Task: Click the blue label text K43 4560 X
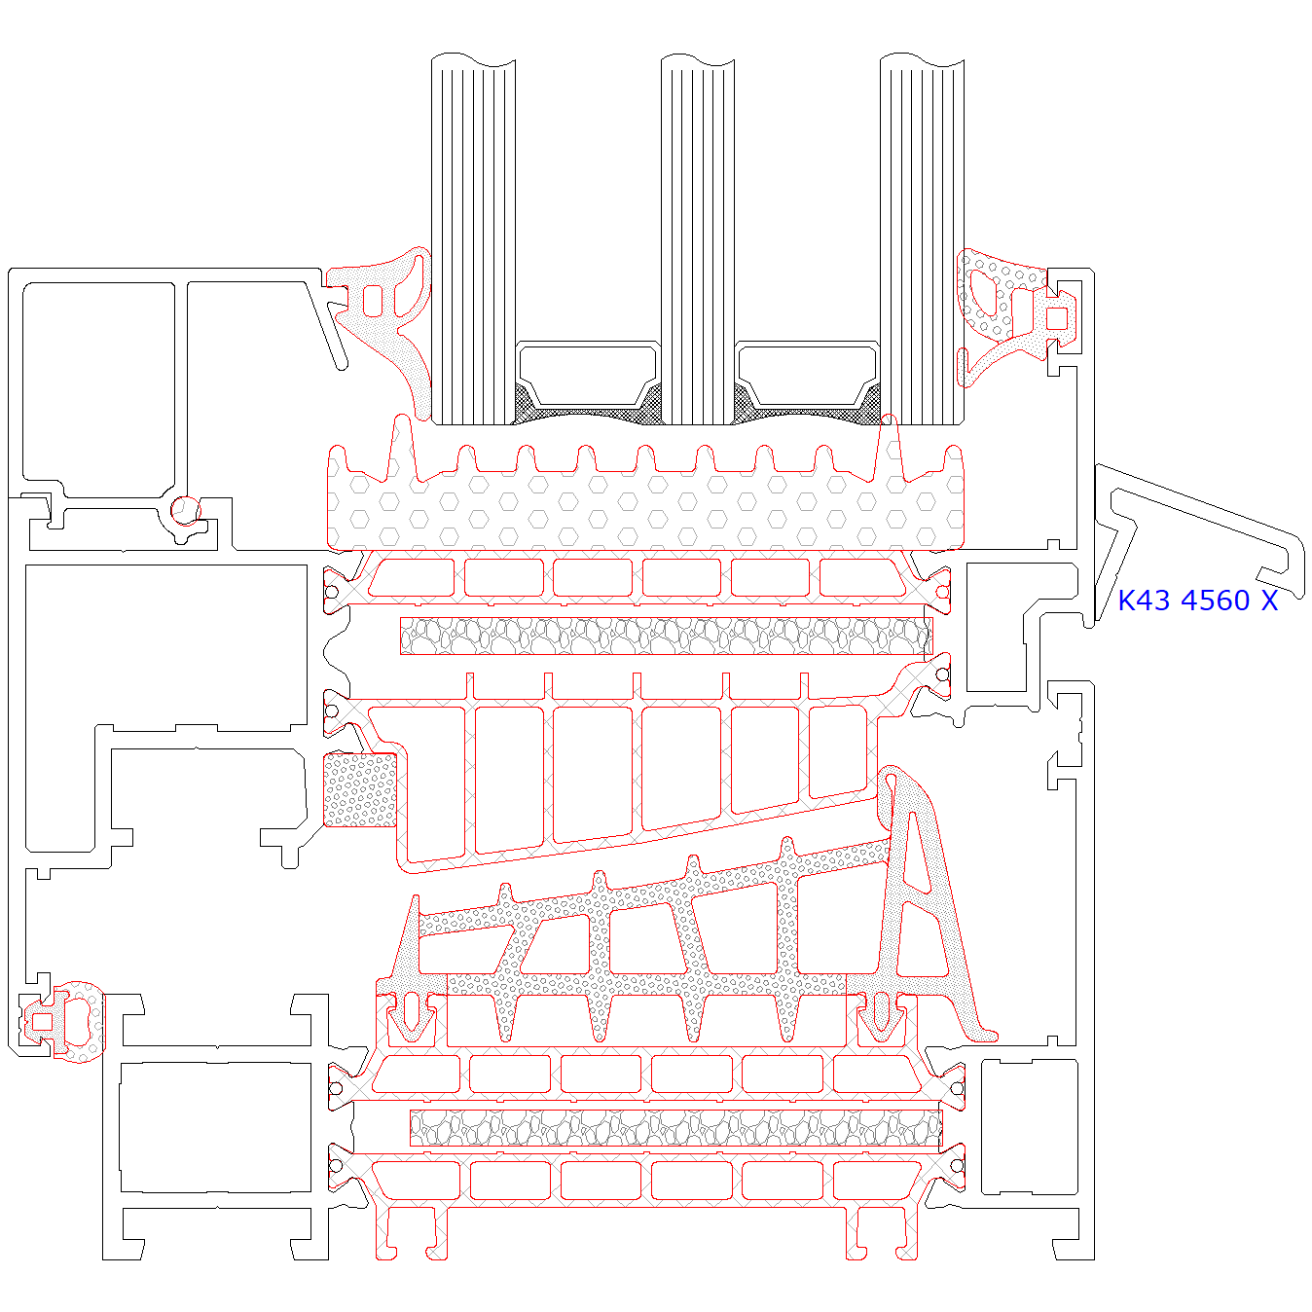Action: point(1196,601)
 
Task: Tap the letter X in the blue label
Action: point(1268,601)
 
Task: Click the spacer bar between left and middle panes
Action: point(588,374)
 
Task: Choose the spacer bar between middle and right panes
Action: point(807,374)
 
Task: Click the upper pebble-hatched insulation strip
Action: point(666,636)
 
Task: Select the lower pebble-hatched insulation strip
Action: point(675,1128)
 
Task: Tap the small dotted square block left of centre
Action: point(359,789)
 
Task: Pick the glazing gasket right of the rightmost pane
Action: point(1002,311)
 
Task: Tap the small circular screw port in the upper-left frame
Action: point(185,509)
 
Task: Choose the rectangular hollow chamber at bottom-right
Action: point(1029,1126)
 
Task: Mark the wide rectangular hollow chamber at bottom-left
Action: point(215,1126)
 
